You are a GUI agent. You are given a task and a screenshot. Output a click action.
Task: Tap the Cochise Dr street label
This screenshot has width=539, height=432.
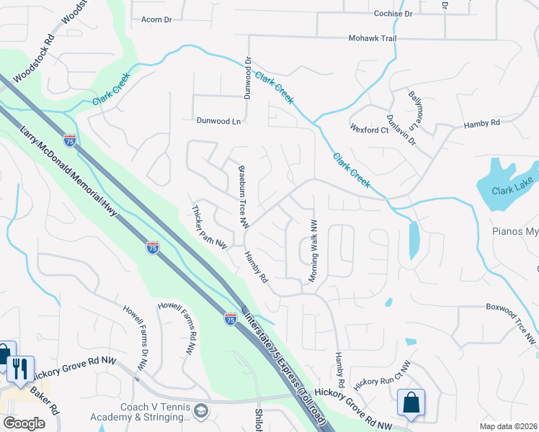(x=393, y=14)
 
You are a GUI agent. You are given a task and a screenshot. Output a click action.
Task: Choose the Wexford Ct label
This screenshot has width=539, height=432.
(x=369, y=130)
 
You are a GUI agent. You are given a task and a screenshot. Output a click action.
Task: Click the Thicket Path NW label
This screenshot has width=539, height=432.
(x=210, y=227)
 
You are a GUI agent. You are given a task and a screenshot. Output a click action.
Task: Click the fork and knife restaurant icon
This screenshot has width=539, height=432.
(x=20, y=369)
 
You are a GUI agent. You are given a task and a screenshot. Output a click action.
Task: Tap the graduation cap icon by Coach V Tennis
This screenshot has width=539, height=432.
(x=202, y=410)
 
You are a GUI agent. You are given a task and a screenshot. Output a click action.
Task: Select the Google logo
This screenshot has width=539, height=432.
(x=24, y=423)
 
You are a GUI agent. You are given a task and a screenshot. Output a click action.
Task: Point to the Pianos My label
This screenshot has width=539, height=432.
(x=514, y=232)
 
